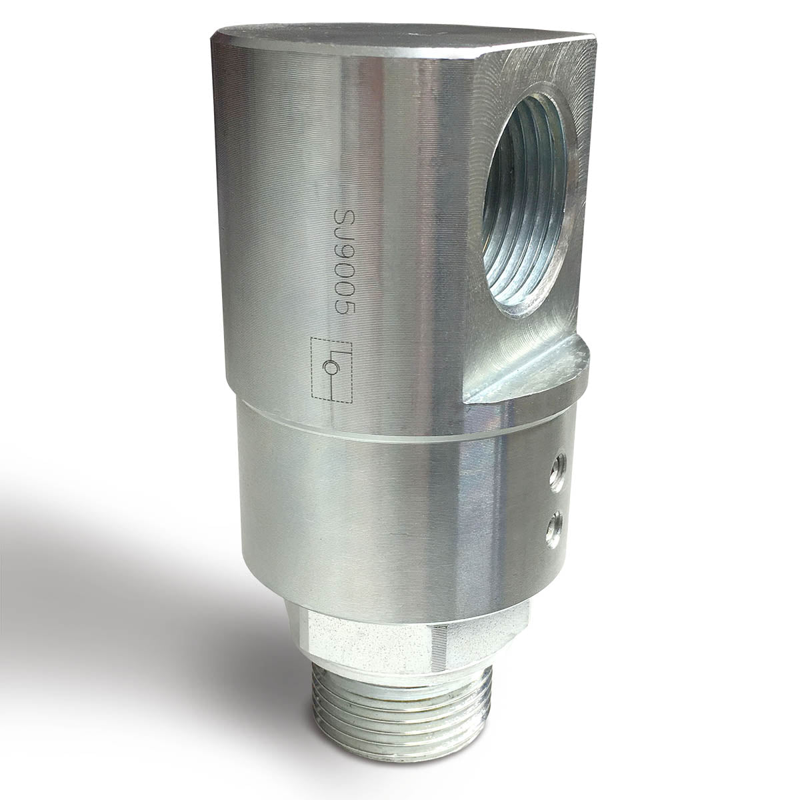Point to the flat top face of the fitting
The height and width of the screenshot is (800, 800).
pyautogui.click(x=400, y=40)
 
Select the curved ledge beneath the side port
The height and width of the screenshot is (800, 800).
pyautogui.click(x=533, y=373)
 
